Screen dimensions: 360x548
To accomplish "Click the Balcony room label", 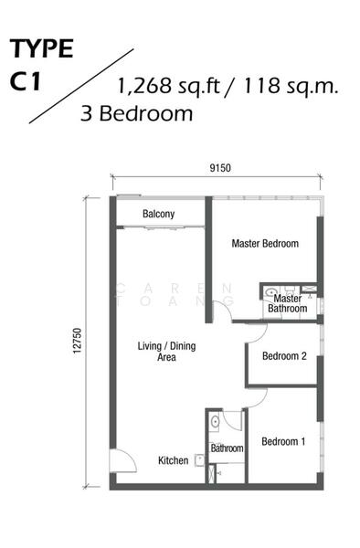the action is (158, 214).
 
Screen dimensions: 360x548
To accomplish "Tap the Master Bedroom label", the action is (265, 243).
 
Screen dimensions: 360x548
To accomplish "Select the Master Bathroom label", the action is (287, 303).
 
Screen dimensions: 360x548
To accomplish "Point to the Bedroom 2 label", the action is (284, 356).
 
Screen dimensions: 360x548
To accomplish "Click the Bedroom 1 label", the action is (283, 441).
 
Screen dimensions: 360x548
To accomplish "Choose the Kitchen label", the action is (173, 460).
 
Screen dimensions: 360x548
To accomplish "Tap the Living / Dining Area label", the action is (166, 352).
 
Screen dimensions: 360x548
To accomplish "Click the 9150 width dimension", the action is (220, 168).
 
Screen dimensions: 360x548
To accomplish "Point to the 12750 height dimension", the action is (78, 341).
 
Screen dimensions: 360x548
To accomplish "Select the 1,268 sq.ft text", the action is (168, 86).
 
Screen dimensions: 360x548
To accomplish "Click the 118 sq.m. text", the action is (290, 86).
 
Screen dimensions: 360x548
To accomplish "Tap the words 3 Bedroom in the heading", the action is (137, 114).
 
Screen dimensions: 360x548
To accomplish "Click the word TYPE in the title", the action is (41, 48).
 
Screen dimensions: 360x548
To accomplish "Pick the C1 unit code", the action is (26, 81).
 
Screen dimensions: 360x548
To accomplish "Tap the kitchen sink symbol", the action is (199, 460).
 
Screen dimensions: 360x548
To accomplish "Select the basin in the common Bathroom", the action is (215, 422).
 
